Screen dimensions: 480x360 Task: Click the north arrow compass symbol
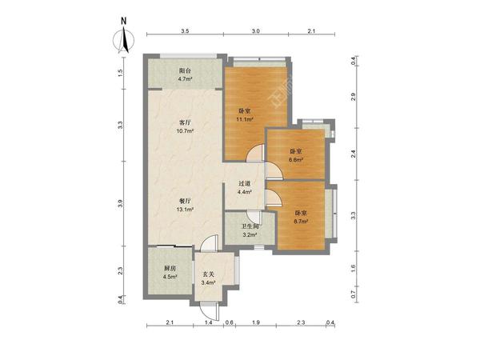124,40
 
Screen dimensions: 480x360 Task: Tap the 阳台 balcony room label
185,70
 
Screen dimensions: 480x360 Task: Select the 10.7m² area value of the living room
185,131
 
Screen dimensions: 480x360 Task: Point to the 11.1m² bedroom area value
244,119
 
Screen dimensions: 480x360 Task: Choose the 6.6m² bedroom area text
296,159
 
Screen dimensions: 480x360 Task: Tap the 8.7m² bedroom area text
301,222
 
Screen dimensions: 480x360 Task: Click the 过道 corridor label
245,184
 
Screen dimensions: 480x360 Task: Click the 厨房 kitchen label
170,269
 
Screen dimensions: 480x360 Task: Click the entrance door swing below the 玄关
210,311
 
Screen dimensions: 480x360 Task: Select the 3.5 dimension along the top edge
185,31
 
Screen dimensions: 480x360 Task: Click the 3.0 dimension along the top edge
256,31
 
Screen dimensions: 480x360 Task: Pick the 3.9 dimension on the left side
121,203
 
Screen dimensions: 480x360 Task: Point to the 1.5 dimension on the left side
121,73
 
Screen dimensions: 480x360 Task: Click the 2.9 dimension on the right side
354,97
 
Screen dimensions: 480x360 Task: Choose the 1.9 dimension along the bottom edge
256,322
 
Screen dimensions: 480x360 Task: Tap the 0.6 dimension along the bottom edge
230,322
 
